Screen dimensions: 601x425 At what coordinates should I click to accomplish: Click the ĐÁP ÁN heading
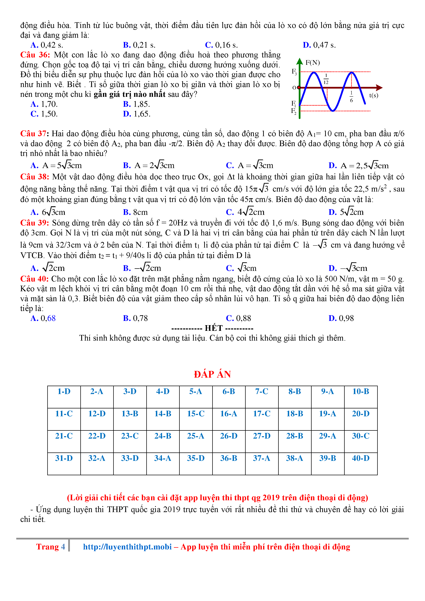click(212, 374)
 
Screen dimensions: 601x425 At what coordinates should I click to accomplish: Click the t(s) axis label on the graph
click(373, 96)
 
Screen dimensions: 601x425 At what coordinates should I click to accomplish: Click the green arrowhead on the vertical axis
click(299, 62)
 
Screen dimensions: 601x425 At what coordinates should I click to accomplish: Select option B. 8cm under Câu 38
click(135, 212)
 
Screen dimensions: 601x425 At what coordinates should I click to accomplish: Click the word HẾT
click(214, 328)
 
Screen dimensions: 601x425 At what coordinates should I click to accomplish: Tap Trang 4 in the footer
click(51, 547)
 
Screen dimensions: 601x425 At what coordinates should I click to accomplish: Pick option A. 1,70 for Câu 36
click(44, 104)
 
